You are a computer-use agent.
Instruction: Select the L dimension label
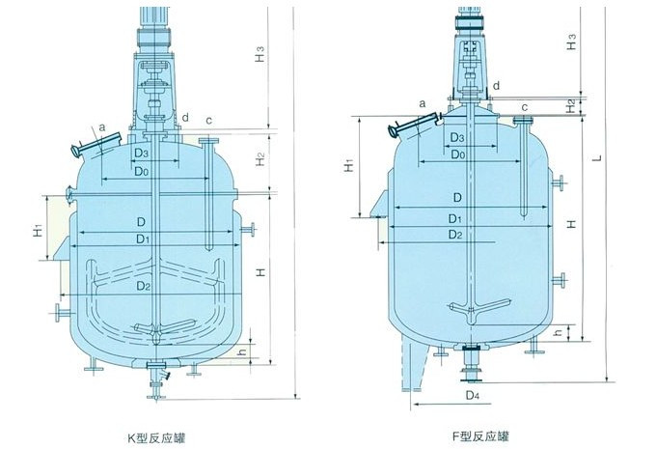pos(599,155)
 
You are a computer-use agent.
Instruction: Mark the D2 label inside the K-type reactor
pos(143,287)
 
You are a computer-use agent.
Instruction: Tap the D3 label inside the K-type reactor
pos(141,153)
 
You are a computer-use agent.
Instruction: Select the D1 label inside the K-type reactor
pos(142,239)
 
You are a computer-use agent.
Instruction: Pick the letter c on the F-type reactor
pos(524,106)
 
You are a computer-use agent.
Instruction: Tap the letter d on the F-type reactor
pos(495,86)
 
